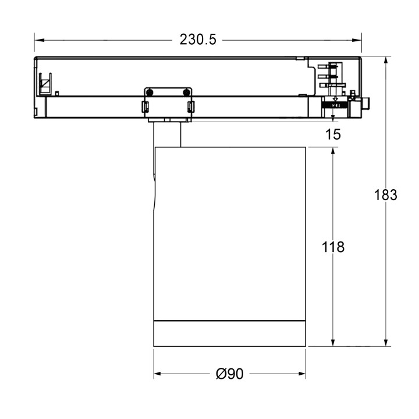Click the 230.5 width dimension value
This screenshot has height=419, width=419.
click(198, 40)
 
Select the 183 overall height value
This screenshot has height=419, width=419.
click(385, 195)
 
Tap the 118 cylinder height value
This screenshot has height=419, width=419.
click(333, 247)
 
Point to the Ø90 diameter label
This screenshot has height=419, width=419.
click(229, 374)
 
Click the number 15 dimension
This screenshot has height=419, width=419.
click(333, 134)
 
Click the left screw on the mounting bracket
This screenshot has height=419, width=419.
click(150, 92)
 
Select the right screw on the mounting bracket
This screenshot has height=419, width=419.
click(186, 92)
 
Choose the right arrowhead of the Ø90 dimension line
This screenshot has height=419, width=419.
click(303, 374)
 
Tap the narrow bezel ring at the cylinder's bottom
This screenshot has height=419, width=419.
click(230, 333)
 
